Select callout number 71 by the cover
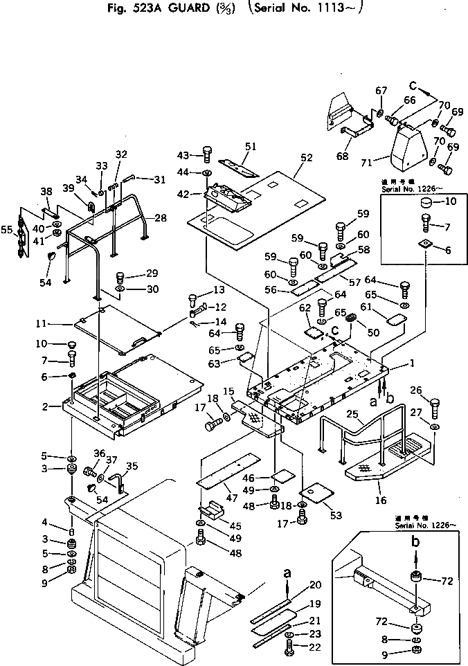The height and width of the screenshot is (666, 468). [367, 162]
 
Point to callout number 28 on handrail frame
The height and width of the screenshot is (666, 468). [161, 218]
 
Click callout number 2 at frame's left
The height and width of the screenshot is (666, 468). [44, 406]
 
